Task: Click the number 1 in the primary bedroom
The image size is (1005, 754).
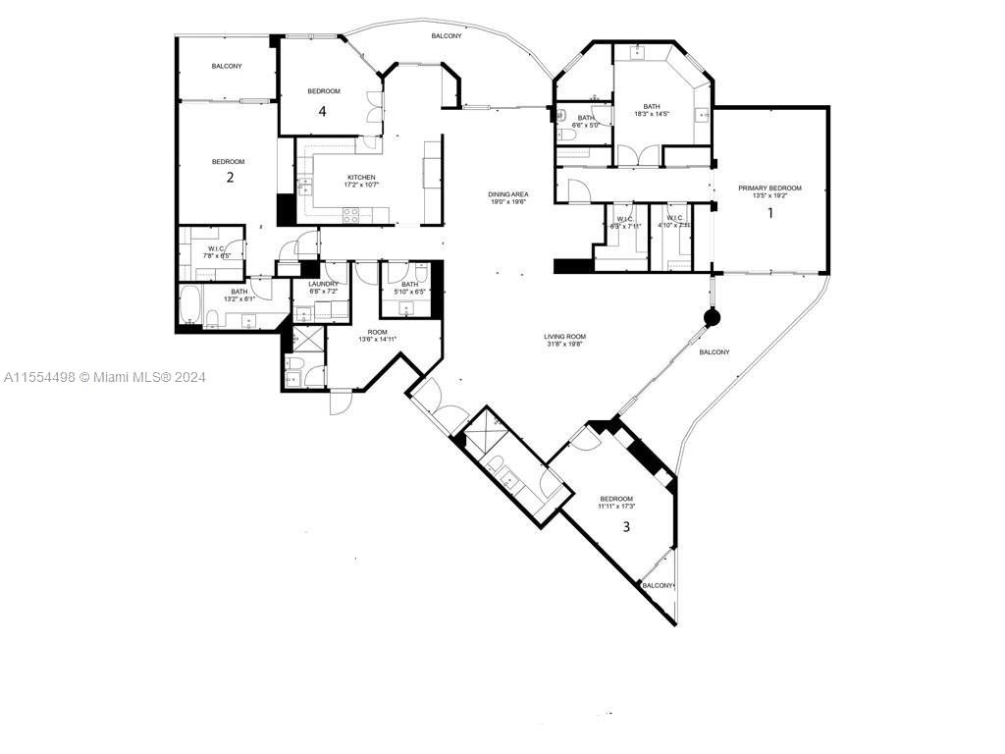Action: click(770, 211)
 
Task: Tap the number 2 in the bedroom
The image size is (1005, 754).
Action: click(230, 178)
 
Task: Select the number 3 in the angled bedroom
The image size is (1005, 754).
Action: click(626, 527)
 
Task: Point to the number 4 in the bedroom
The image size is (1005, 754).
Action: click(322, 111)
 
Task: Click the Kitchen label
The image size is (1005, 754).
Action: click(334, 177)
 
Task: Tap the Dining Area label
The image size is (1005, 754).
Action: click(507, 193)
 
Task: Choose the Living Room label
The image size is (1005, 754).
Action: click(565, 337)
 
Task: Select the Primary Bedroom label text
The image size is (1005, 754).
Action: click(769, 188)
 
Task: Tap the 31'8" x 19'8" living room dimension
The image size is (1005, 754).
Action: click(565, 345)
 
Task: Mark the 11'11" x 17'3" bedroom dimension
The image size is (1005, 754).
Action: click(617, 506)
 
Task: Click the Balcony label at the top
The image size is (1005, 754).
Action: click(446, 35)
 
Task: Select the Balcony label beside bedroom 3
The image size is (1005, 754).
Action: click(658, 585)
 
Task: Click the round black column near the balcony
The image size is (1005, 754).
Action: click(711, 317)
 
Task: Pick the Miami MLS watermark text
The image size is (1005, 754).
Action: click(105, 377)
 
